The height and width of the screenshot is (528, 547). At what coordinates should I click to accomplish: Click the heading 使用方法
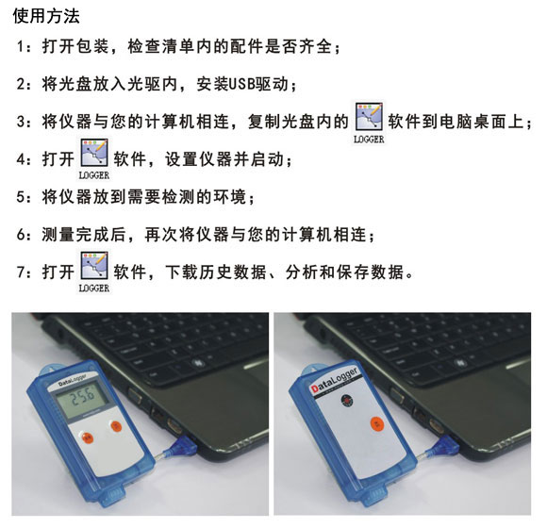[x=47, y=16]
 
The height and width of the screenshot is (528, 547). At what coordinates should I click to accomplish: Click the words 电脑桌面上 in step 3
[x=481, y=123]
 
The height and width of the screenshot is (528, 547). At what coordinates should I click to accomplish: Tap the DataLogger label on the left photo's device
[x=71, y=375]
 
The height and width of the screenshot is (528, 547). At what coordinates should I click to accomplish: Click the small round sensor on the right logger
[x=346, y=401]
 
